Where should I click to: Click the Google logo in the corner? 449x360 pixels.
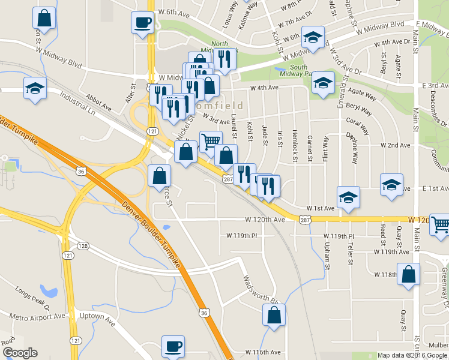20,353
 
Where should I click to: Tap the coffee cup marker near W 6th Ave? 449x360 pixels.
143,23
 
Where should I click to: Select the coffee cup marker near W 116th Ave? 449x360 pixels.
173,346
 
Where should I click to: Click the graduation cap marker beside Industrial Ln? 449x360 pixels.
35,88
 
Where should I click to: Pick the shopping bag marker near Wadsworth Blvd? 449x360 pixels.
274,314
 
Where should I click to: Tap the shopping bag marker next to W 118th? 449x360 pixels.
408,274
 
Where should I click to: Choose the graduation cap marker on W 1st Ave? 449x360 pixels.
348,197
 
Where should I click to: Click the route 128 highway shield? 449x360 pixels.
83,246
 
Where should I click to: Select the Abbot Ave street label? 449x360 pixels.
98,104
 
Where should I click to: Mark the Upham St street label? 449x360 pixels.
327,254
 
